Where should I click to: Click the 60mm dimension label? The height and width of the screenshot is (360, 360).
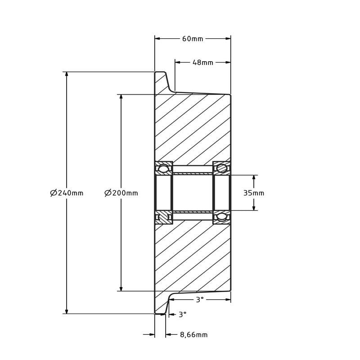[x=193, y=39]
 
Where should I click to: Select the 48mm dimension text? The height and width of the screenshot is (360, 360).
[x=203, y=63]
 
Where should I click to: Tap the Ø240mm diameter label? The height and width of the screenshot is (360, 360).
[x=67, y=193]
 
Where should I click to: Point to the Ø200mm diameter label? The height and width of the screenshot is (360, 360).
[x=121, y=193]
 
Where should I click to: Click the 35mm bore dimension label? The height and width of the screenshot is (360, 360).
[x=254, y=193]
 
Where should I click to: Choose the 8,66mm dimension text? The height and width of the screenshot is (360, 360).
[x=194, y=335]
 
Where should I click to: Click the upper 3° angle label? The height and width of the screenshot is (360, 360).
[x=200, y=299]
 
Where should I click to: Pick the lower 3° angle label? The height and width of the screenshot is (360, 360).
[x=182, y=314]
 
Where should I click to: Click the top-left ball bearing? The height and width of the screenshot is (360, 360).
[x=164, y=169]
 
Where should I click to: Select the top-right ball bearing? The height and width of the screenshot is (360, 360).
[x=222, y=168]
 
